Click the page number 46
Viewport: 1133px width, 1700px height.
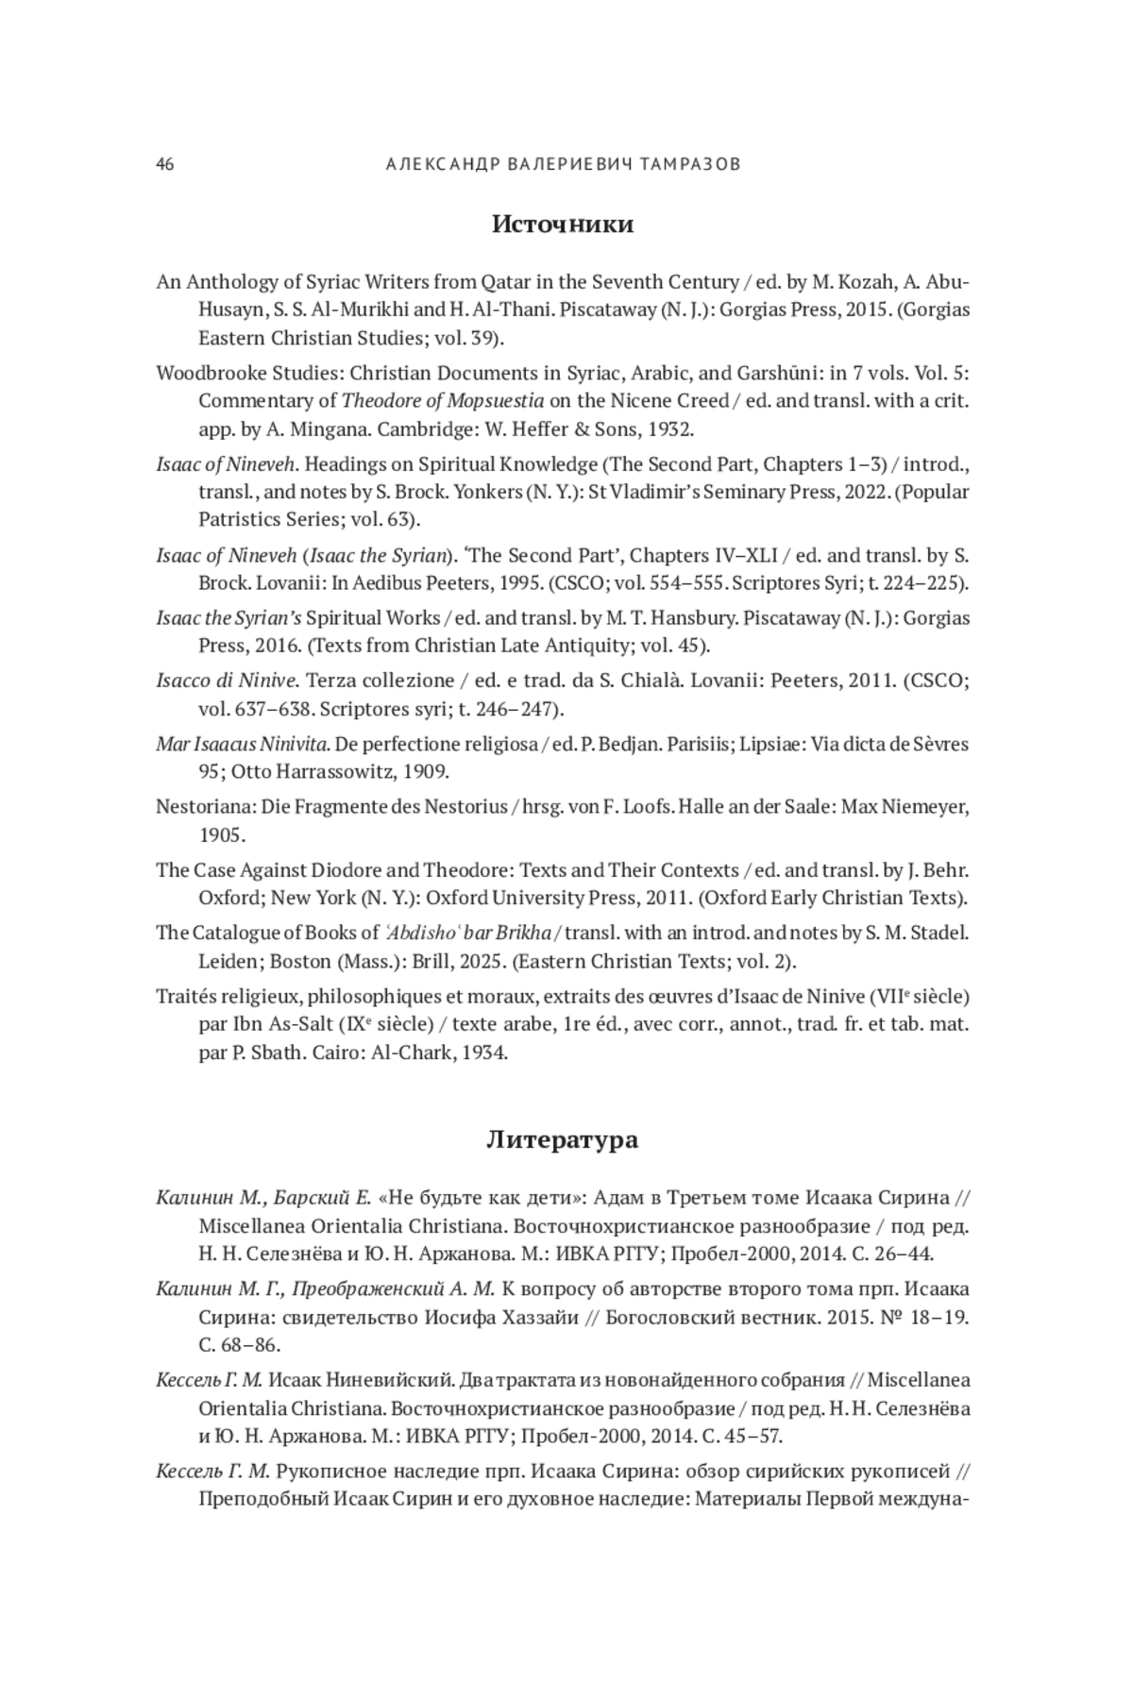point(165,164)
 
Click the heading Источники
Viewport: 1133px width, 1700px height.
point(563,225)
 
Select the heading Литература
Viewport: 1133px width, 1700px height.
point(563,1140)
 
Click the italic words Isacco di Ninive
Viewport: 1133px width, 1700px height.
point(227,681)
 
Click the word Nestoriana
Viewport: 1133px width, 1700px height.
point(200,807)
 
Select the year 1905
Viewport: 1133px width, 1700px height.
point(222,835)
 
